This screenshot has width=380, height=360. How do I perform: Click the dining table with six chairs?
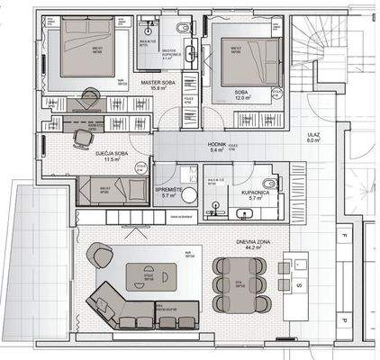pos(239,282)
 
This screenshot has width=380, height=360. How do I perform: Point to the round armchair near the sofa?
pos(99,256)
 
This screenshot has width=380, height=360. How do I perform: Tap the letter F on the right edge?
pos(343,236)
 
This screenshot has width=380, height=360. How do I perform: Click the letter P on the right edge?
pos(343,319)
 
